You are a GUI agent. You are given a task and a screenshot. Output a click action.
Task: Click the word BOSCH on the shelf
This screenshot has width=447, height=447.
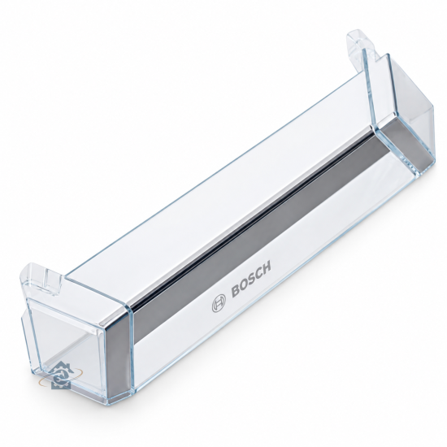[x=251, y=280]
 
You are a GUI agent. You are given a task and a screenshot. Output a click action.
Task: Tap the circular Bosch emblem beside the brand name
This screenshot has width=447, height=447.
[x=219, y=303]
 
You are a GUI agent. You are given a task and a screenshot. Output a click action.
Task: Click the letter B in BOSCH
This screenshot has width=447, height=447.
[x=236, y=290]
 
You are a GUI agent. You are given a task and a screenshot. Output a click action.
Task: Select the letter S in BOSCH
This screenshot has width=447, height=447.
[x=251, y=280]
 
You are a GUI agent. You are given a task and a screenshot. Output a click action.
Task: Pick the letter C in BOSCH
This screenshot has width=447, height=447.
[x=258, y=274]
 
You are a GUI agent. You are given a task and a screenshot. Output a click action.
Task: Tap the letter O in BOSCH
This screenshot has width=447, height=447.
[x=244, y=284]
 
